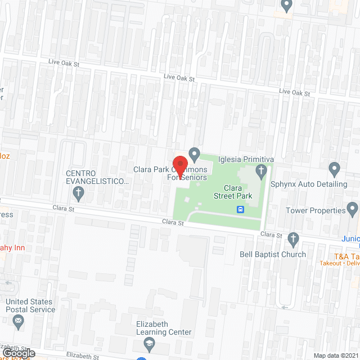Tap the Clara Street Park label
[x=232, y=191]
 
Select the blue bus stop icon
[x=241, y=210]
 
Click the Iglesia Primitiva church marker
[x=260, y=170]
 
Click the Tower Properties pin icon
[x=353, y=210]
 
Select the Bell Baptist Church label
[x=273, y=254]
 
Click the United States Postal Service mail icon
[x=18, y=322]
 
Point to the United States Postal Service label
[x=30, y=305]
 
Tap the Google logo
[x=18, y=353]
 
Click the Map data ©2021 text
[x=335, y=355]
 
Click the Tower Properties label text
[x=316, y=210]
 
